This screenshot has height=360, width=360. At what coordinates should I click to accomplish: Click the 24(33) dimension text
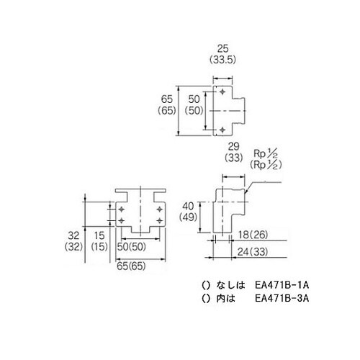(253, 252)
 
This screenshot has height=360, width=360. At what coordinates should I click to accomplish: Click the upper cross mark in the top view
(222, 94)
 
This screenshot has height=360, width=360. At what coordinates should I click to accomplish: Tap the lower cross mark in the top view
(222, 129)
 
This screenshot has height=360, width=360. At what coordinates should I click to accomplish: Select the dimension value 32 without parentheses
(72, 235)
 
